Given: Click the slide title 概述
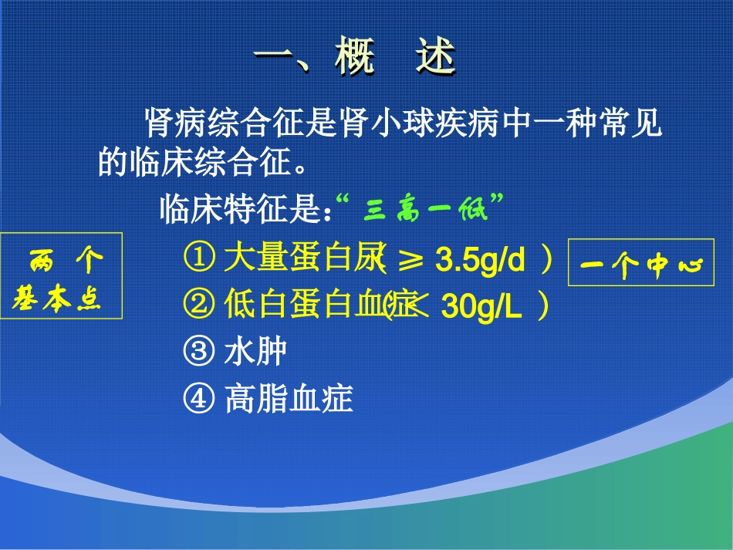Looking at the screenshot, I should pos(395,57).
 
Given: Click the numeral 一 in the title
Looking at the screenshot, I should pos(278,57).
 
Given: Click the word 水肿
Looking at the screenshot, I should pos(255,353).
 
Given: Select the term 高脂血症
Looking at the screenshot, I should pos(289,399).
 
